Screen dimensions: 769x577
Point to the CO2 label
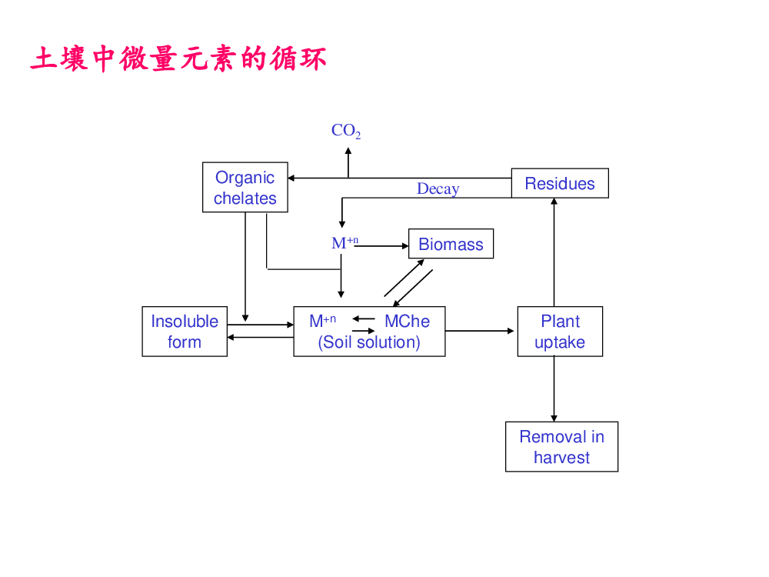346,131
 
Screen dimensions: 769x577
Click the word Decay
438,189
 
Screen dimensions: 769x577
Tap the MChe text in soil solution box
407,321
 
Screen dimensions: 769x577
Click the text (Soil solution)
369,342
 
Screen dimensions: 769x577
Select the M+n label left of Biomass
345,242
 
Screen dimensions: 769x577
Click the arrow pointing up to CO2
348,162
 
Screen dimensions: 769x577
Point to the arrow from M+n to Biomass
381,246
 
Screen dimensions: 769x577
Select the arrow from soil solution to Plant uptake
480,331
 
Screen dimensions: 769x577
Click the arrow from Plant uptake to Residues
554,252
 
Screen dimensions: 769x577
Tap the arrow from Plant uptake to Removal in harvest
554,389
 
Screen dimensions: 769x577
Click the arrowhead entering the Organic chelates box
291,178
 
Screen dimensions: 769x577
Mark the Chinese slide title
178,59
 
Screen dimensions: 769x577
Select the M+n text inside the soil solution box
323,321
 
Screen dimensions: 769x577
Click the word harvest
561,457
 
